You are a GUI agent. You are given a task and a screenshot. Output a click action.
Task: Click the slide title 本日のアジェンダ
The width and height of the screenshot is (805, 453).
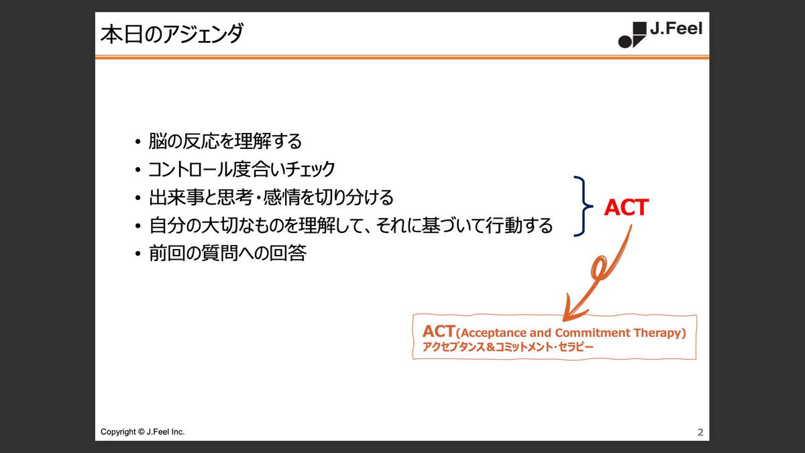[x=172, y=34]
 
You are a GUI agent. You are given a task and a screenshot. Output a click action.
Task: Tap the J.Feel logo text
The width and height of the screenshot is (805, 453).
[x=676, y=28]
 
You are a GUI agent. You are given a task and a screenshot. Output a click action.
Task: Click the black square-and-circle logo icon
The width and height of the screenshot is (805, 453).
[x=632, y=35]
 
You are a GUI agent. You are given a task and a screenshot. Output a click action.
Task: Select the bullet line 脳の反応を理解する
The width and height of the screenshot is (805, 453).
[x=225, y=141]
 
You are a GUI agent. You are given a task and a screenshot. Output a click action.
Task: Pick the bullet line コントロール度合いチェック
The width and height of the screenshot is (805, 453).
[x=241, y=169]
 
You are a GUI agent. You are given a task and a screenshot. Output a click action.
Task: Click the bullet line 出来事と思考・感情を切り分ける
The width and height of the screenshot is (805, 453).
[x=271, y=197]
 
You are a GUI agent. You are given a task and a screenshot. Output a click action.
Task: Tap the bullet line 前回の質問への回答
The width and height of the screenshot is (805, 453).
[x=227, y=253]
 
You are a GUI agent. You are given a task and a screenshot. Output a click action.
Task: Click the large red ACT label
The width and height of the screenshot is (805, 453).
[x=627, y=207]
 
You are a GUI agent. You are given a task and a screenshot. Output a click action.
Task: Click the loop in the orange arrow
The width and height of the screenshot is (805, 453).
[x=597, y=267]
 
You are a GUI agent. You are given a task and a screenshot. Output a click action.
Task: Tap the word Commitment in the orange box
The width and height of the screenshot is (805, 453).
[x=592, y=333]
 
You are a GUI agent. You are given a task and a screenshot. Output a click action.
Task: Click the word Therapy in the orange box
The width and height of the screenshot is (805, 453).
[x=660, y=334]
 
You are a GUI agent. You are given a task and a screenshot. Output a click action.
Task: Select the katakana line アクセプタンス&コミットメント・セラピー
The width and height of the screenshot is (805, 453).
[x=508, y=347]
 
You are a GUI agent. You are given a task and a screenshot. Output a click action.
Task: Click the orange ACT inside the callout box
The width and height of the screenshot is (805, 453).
[x=439, y=331]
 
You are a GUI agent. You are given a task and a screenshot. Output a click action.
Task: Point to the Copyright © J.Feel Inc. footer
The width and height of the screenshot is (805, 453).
[x=142, y=432]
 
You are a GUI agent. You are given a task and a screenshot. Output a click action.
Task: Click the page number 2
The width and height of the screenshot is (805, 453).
[x=700, y=432]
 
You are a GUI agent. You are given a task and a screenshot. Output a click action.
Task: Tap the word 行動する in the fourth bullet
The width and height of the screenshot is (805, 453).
[x=519, y=225]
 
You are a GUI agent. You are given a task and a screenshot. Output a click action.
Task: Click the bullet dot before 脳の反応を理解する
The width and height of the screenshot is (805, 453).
[x=138, y=142]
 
